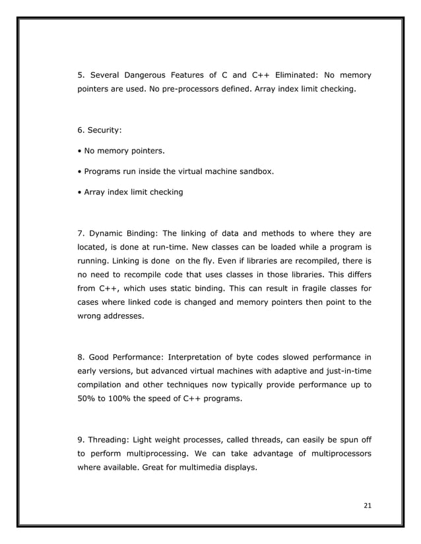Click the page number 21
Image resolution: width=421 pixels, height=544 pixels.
[368, 505]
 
